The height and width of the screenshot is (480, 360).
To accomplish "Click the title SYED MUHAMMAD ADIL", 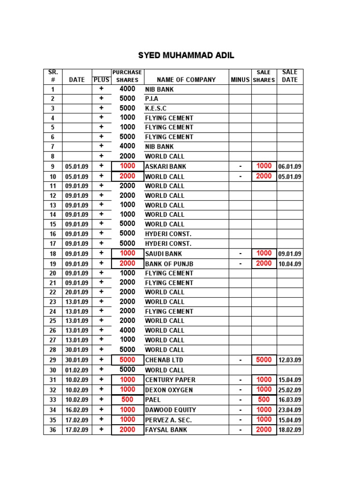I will (186, 56).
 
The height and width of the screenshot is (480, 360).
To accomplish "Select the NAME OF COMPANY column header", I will (186, 80).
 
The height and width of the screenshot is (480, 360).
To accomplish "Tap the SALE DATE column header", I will (290, 76).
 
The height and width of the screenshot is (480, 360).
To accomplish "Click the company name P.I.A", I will (152, 99).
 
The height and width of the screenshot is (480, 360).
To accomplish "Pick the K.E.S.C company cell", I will (156, 108).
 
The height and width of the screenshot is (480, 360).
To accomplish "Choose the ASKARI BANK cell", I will (165, 166).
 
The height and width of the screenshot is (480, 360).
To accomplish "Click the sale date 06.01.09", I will (290, 166).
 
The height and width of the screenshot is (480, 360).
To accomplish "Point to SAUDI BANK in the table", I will (164, 254).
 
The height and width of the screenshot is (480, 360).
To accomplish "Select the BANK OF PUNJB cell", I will (169, 263).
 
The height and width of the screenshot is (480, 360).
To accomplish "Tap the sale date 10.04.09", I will (290, 264).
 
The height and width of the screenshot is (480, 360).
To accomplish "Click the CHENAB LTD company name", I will (164, 360).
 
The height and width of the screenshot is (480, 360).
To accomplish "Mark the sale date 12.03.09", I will (290, 360).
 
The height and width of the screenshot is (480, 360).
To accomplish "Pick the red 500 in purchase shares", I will (127, 399).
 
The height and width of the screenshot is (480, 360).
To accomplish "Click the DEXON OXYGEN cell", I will (169, 390).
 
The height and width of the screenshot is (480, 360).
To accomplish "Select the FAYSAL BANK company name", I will (166, 429).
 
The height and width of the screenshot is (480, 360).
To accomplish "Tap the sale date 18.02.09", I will (290, 430).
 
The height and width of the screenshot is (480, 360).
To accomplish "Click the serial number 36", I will (53, 430).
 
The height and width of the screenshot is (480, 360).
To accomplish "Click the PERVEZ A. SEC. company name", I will (168, 420).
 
